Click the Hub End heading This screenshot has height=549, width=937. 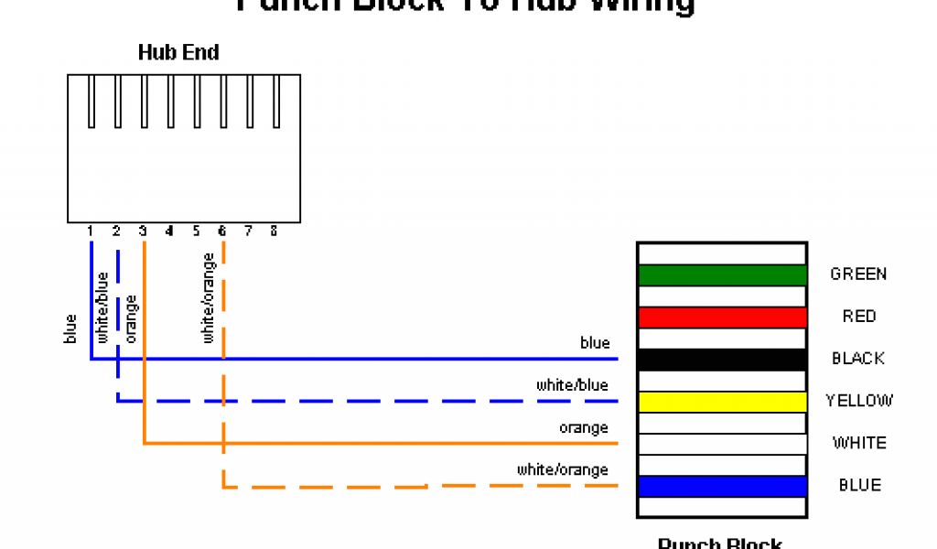[178, 52]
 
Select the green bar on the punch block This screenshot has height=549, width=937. [722, 274]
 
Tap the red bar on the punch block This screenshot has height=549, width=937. [722, 317]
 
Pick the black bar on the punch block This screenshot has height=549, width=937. [722, 359]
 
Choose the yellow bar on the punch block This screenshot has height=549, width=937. [722, 402]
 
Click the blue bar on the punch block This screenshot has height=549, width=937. [722, 486]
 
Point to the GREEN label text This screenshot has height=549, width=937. [858, 274]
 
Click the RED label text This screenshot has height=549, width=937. [859, 317]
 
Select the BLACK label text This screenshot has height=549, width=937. [858, 359]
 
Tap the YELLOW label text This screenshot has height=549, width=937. [859, 401]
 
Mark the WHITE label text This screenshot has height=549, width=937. [859, 443]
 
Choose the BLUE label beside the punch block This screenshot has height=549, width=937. [859, 485]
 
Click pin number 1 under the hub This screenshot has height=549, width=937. [91, 231]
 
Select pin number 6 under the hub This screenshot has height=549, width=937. [222, 231]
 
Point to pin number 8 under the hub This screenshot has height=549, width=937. [274, 231]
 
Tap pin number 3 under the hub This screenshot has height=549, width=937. [143, 231]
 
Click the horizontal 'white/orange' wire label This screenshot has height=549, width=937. [562, 470]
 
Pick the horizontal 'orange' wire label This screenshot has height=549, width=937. [584, 428]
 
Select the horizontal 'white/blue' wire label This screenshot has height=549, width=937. [572, 386]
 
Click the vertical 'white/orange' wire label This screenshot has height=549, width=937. [209, 298]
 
